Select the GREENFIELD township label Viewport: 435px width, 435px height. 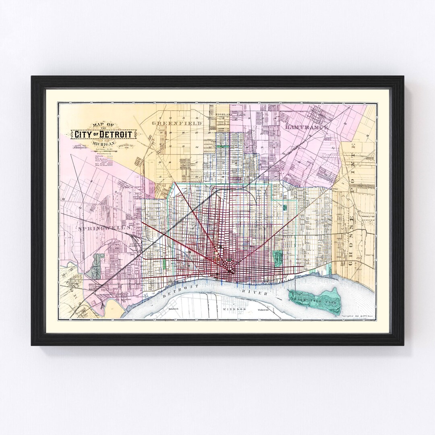[x=176, y=123]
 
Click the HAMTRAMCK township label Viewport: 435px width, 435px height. [x=307, y=127]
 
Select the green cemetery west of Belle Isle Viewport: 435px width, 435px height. [x=278, y=258]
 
